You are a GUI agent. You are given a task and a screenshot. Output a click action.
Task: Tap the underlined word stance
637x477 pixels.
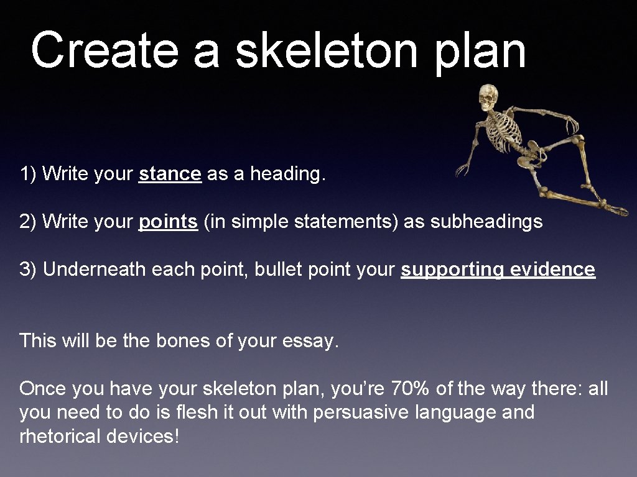[x=170, y=174]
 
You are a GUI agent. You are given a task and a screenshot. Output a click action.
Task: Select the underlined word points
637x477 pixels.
[x=168, y=221]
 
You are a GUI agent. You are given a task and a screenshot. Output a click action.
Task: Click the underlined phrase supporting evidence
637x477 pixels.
[x=498, y=270]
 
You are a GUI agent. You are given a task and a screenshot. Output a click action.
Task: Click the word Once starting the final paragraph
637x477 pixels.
[x=43, y=389]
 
